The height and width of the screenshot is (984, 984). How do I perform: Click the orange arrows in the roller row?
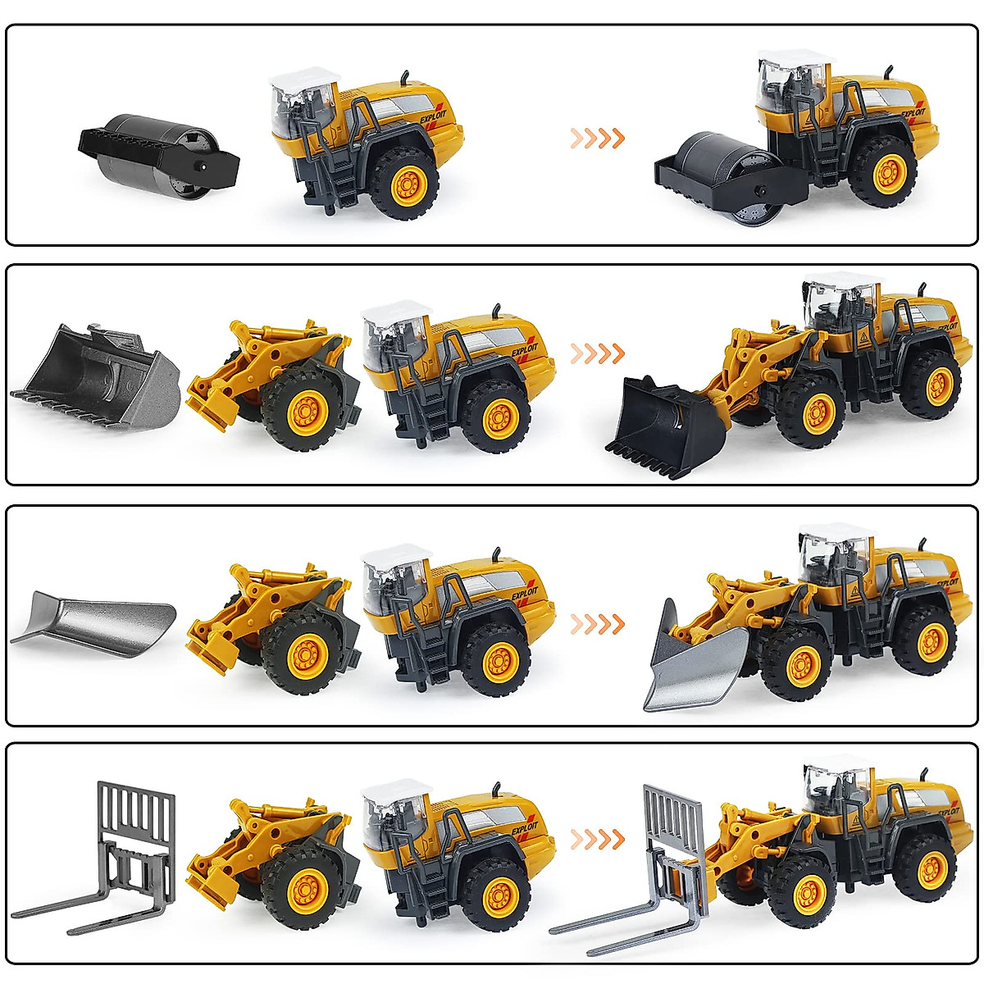[598, 138]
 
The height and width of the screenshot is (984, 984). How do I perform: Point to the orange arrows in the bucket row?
[598, 354]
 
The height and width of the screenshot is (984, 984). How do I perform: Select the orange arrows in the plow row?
[598, 625]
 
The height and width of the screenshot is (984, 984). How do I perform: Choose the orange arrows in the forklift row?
[598, 840]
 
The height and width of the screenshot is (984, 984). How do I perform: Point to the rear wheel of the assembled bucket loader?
[932, 384]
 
